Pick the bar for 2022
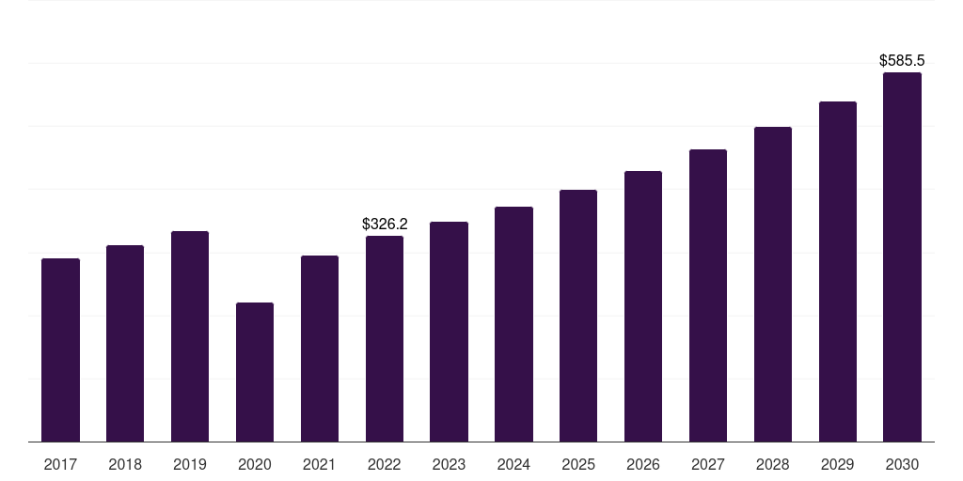[385, 338]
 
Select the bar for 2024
[513, 324]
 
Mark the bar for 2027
[708, 295]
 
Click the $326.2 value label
[385, 225]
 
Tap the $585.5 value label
[902, 60]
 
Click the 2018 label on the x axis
[125, 464]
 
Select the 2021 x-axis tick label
[320, 464]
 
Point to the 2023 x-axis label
[449, 464]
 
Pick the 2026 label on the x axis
[643, 464]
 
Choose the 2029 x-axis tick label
[837, 464]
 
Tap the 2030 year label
[902, 464]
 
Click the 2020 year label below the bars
[255, 464]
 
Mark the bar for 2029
[837, 272]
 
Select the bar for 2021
[320, 349]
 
